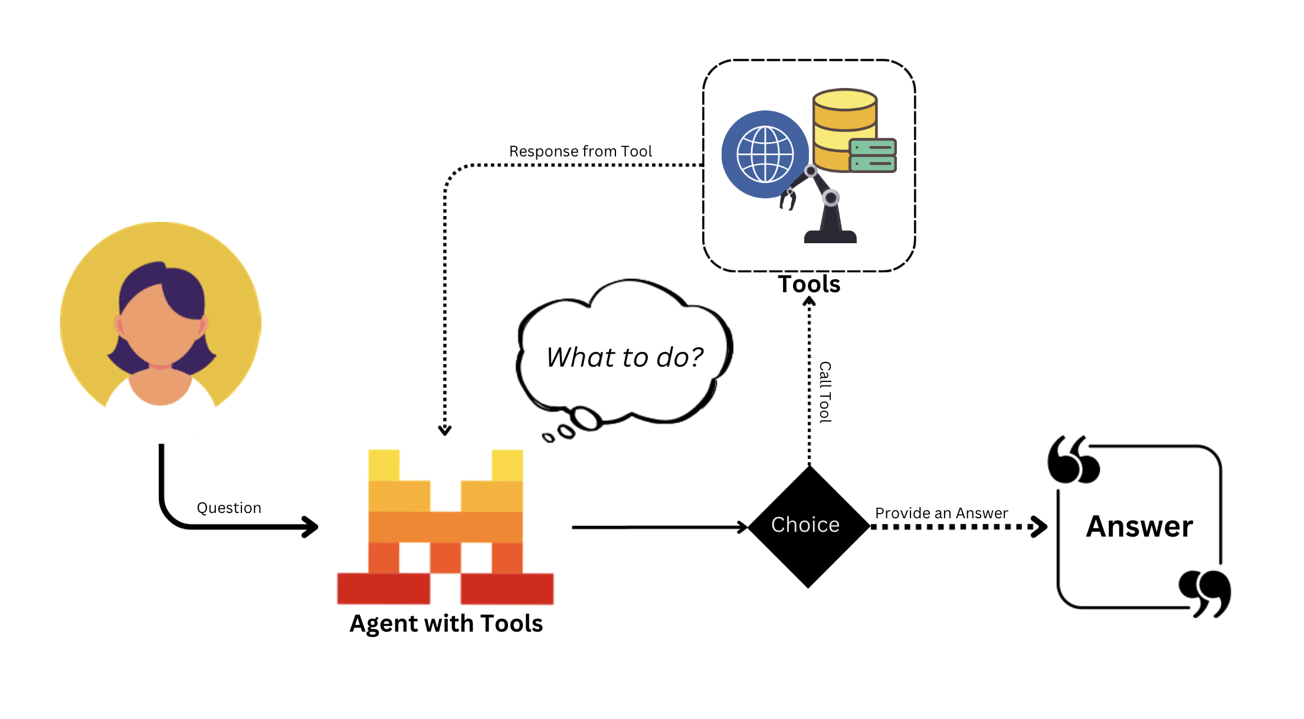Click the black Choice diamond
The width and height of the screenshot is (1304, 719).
coord(808,526)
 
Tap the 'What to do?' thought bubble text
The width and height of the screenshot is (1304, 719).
coord(624,357)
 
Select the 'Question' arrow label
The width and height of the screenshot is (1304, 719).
coord(229,508)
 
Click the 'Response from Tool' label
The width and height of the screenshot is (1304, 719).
coord(581,151)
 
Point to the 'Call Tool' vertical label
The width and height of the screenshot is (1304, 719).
coord(825,392)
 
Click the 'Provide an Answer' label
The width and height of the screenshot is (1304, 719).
coord(941,513)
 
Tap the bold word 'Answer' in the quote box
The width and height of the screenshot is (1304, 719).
coord(1139,526)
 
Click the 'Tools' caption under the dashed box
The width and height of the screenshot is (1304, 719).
coord(808,284)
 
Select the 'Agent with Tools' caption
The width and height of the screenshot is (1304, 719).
coord(446,623)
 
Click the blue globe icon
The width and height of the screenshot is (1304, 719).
coord(765,154)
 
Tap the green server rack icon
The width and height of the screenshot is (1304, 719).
coord(873,155)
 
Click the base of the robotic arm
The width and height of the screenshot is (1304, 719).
coord(830,235)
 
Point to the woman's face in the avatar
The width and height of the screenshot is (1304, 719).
coord(160,331)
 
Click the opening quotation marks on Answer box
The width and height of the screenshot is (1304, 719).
coord(1073,460)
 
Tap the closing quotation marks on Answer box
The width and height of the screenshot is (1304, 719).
coord(1205,593)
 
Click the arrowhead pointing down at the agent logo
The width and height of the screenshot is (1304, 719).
coord(445,430)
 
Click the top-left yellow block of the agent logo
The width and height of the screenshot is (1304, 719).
coord(384,465)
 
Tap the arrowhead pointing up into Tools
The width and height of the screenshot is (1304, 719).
coord(810,302)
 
